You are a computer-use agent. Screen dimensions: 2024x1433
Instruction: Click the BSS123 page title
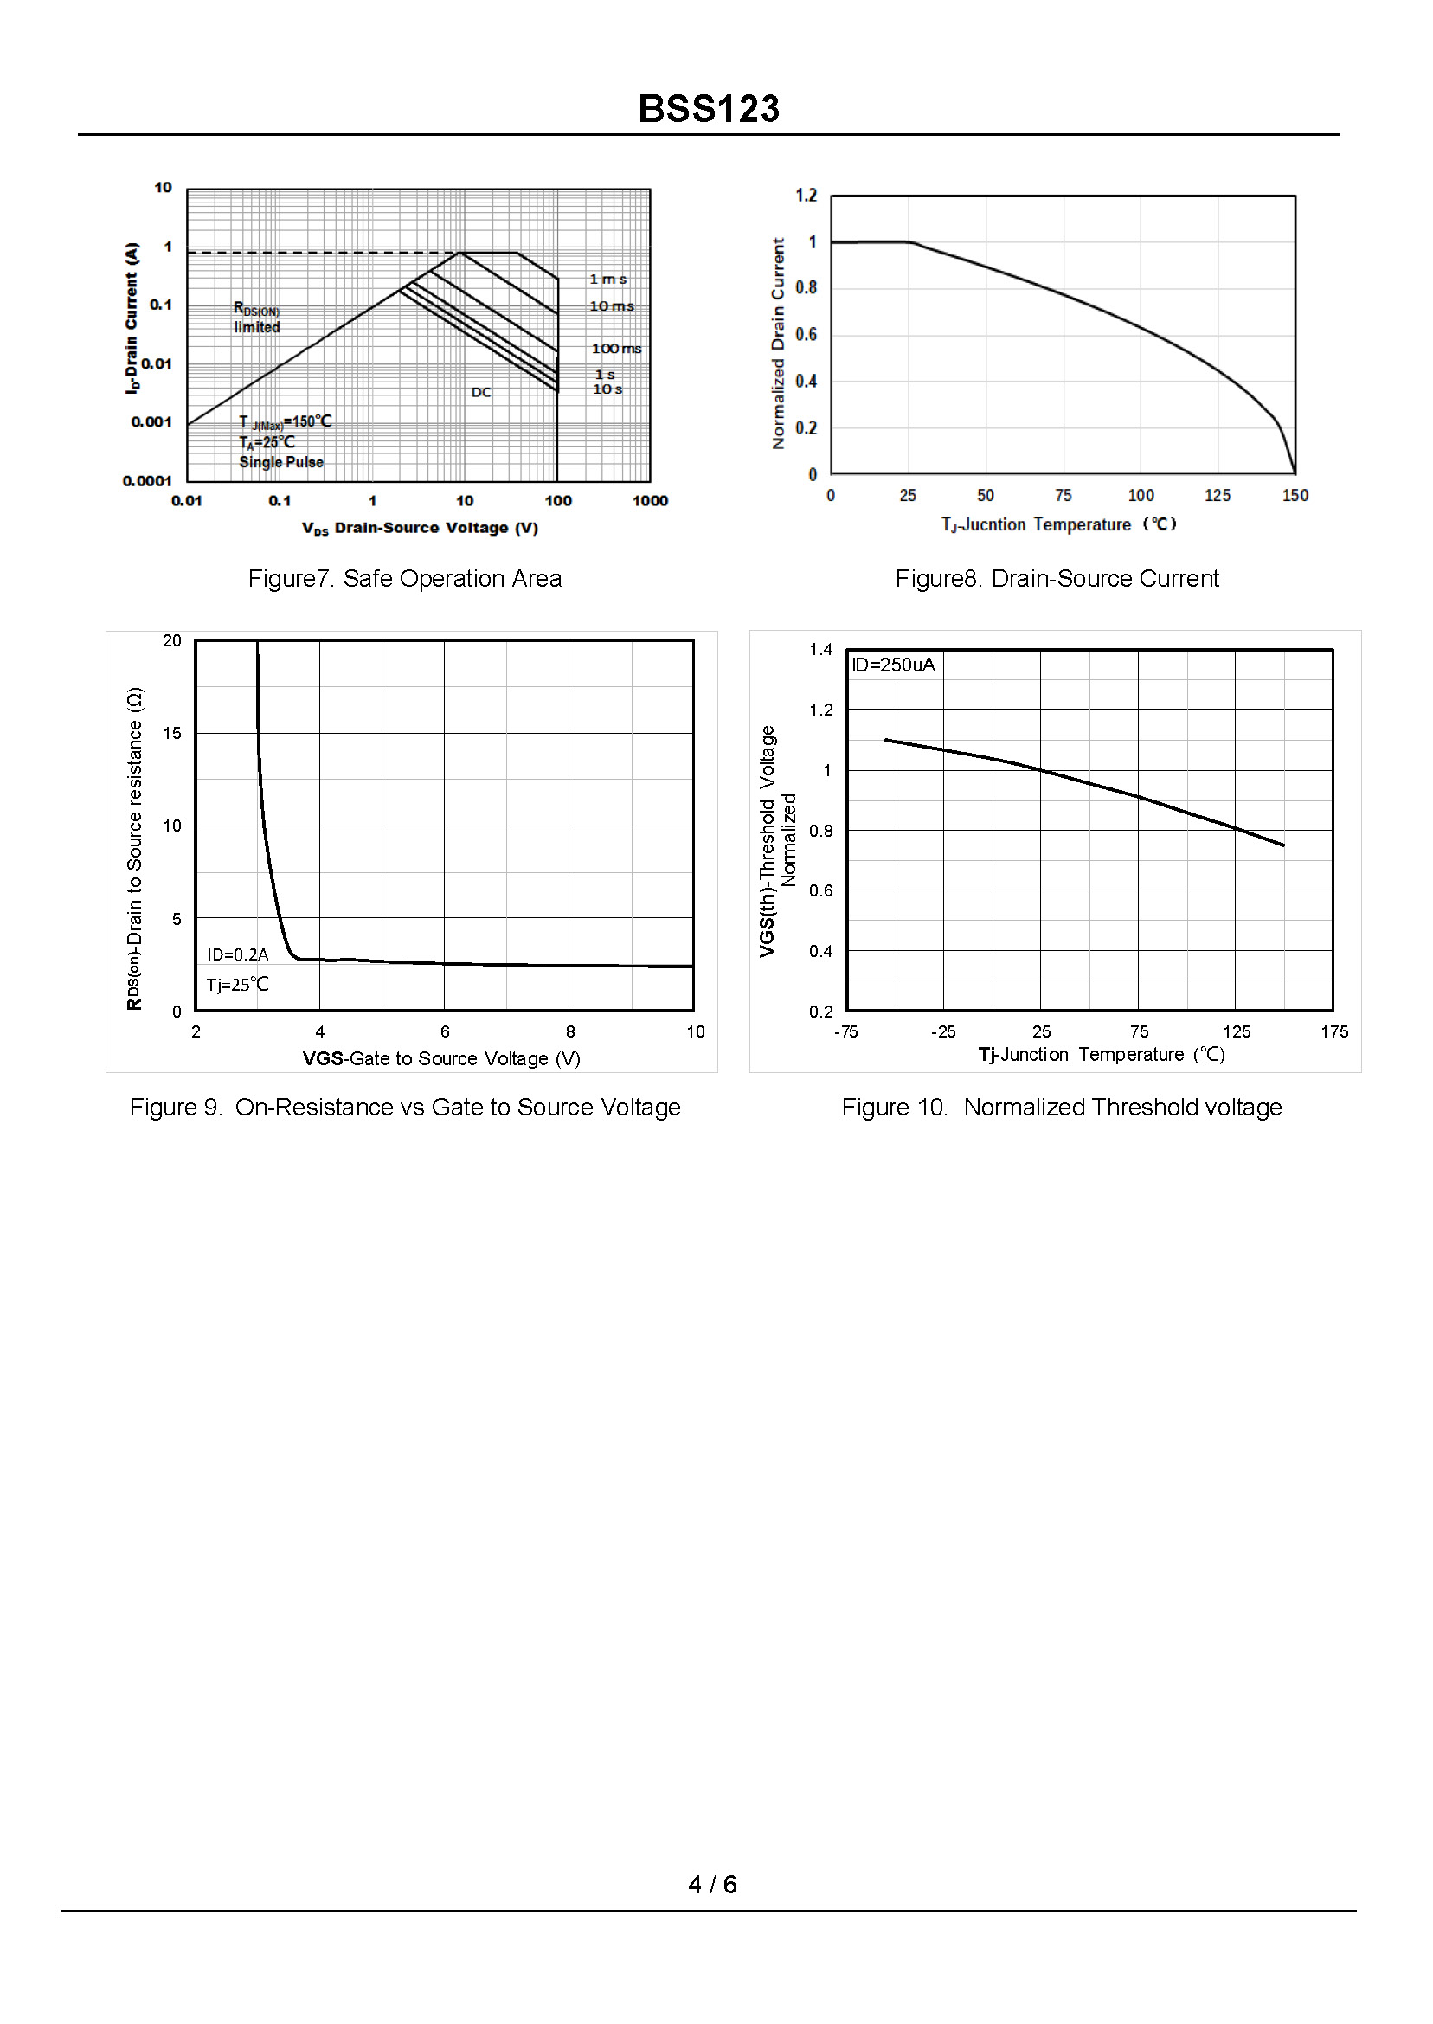709,109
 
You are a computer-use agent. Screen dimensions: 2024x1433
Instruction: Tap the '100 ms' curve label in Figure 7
616,349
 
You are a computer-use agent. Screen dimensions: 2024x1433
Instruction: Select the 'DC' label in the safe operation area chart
481,392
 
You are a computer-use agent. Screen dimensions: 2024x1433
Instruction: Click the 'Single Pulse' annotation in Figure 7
281,462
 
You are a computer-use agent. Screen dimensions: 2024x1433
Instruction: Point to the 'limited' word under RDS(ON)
257,327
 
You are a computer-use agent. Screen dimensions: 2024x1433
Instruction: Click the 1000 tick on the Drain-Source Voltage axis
651,501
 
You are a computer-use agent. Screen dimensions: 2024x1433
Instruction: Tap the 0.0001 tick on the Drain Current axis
147,481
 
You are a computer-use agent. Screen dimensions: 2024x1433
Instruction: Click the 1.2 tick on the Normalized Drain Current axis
806,195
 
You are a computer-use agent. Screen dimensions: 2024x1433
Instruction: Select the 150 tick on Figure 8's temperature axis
1295,496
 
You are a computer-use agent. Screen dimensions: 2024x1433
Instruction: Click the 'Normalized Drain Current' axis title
778,344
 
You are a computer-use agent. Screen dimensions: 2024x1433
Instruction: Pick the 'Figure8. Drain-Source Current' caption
1057,579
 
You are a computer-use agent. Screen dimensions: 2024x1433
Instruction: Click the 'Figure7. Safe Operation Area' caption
405,579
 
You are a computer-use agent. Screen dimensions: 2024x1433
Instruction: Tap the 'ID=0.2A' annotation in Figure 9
237,954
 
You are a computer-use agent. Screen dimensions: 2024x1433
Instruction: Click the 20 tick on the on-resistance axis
172,640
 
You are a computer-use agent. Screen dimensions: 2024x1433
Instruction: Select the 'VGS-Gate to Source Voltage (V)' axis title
441,1059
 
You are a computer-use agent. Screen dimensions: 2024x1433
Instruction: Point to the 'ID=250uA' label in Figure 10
893,665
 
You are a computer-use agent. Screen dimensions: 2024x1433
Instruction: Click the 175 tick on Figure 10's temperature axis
1334,1032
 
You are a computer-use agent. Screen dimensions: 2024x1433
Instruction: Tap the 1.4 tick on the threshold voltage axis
820,650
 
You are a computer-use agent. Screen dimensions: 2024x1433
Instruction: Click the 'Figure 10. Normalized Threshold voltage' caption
1062,1108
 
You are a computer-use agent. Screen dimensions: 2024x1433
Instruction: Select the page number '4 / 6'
713,1885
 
